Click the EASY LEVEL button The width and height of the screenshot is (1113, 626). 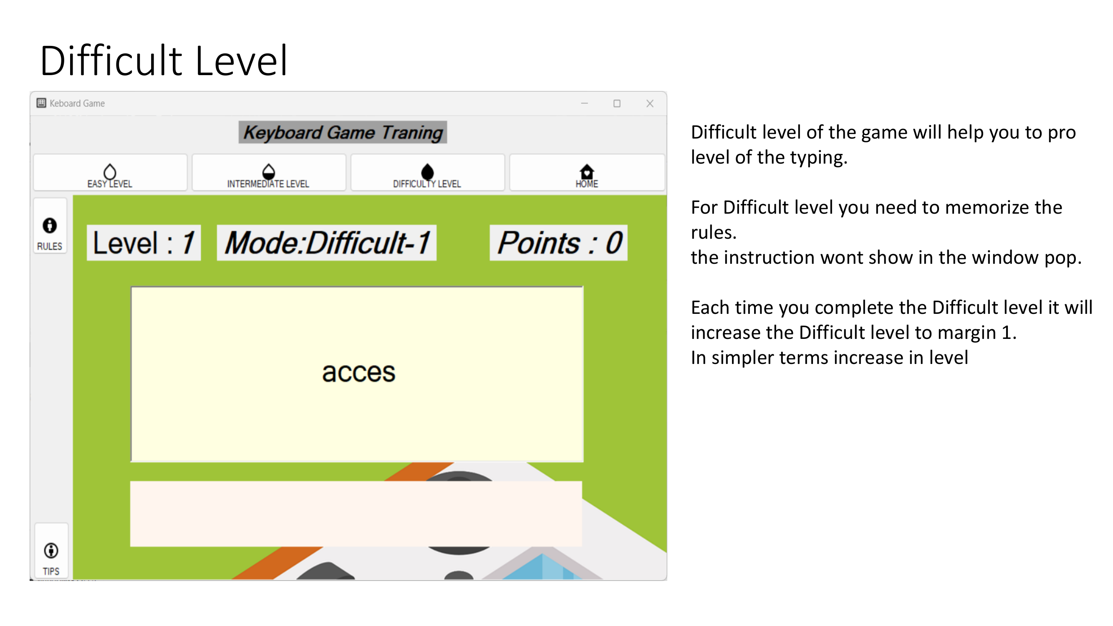point(110,172)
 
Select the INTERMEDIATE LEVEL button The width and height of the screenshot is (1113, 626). point(269,172)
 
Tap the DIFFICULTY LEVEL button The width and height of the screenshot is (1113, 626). point(427,172)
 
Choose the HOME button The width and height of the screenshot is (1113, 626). point(587,172)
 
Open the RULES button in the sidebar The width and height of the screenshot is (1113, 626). point(50,226)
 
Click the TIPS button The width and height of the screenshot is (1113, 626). point(51,550)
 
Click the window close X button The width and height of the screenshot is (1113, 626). point(650,103)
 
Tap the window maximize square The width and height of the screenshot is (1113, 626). point(617,103)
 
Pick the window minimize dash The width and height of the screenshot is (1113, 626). point(585,103)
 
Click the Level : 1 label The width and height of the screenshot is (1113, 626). point(144,243)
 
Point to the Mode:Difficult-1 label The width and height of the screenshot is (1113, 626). point(327,243)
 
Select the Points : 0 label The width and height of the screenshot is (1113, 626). point(559,243)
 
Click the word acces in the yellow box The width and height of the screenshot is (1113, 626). point(358,372)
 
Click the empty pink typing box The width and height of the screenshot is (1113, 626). point(356,514)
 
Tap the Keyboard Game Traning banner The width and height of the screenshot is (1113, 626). point(343,132)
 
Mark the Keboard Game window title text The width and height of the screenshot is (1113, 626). point(77,103)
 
